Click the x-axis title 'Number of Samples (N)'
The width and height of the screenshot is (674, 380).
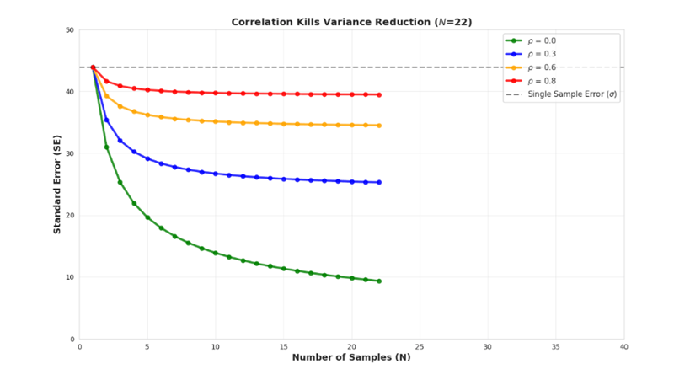tap(350, 357)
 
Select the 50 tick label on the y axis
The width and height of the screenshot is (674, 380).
tap(70, 30)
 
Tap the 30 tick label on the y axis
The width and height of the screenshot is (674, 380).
tap(70, 154)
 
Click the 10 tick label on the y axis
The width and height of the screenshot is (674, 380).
tap(70, 277)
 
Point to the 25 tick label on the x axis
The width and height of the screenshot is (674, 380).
tap(420, 346)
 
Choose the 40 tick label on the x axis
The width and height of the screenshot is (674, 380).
tap(623, 346)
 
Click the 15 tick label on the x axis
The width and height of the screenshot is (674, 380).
tap(283, 346)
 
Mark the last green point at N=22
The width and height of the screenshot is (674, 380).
tap(379, 281)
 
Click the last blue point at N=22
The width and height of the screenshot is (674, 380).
tap(379, 182)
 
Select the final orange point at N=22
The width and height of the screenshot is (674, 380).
tap(379, 126)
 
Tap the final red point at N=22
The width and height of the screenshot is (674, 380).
tap(379, 94)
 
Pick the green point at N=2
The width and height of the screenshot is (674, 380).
tap(106, 147)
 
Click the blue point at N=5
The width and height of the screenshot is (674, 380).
tap(147, 158)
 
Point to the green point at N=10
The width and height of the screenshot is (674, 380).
tap(216, 253)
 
